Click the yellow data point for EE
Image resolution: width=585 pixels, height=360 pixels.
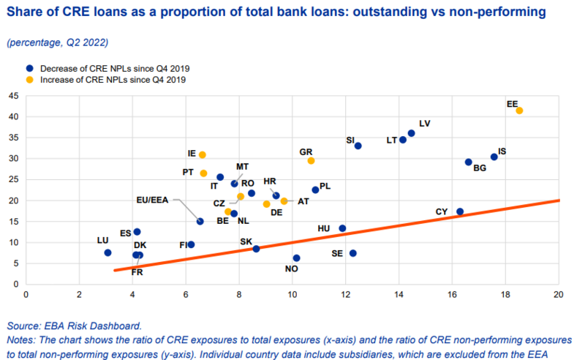click(x=519, y=111)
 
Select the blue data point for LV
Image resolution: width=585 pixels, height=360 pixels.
click(x=411, y=133)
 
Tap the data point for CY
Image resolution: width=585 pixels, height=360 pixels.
click(x=460, y=211)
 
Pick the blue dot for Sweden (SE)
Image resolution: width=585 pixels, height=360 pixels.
click(x=353, y=253)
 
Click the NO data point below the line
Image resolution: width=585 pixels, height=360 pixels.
click(x=296, y=258)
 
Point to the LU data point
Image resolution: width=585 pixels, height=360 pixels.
click(x=107, y=252)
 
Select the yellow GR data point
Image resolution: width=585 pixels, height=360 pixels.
click(x=311, y=160)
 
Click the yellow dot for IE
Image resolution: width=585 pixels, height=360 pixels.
click(x=203, y=155)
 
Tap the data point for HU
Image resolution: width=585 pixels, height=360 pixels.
click(x=342, y=228)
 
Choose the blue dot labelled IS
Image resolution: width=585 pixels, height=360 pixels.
click(x=494, y=157)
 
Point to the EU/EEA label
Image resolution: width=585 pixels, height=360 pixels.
click(x=154, y=198)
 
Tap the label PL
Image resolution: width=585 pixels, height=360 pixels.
click(x=325, y=186)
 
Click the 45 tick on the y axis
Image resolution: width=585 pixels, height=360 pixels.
click(x=15, y=96)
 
